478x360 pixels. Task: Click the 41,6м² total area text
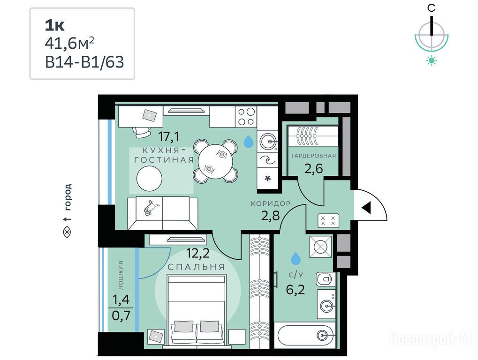tap(69, 44)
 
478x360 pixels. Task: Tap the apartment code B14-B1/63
tap(84, 62)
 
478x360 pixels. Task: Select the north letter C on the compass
tap(431, 8)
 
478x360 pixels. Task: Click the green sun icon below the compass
tap(432, 60)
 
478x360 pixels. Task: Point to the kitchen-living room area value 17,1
tap(168, 136)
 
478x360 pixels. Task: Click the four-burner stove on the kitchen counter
tap(246, 117)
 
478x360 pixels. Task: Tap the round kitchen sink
tap(268, 141)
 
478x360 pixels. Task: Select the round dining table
tap(215, 162)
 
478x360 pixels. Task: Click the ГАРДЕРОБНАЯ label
tap(314, 156)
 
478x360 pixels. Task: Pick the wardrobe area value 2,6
tap(313, 168)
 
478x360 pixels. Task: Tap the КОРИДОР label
tap(270, 203)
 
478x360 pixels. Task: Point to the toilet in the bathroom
tap(325, 279)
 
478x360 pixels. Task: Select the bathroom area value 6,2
tap(296, 289)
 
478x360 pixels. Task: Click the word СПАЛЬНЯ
tap(197, 267)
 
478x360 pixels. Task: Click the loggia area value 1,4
tap(121, 300)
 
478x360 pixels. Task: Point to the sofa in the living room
tap(162, 213)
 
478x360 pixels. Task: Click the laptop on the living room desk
tap(149, 115)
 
